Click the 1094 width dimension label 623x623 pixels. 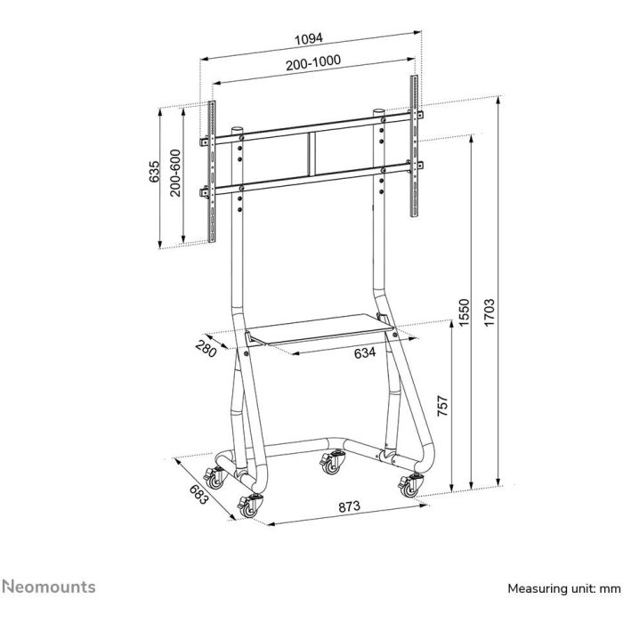pos(309,38)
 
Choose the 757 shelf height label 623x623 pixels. pos(442,409)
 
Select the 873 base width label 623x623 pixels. pos(349,506)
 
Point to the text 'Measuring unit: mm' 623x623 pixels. pos(562,589)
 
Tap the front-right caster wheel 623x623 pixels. pos(410,485)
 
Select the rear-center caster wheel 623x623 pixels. pos(334,463)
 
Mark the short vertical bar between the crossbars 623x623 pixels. pos(310,153)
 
